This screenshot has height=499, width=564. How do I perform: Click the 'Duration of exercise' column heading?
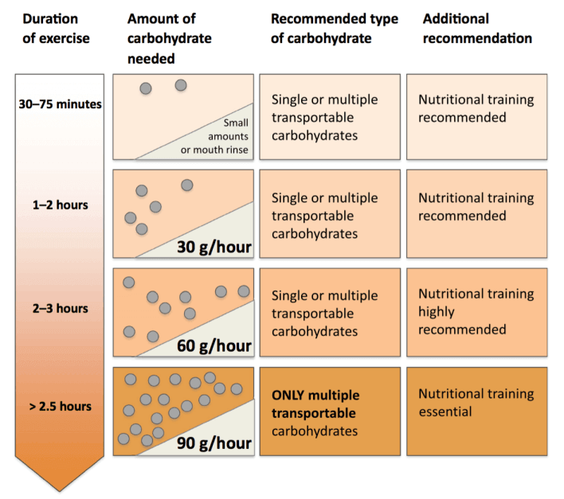click(x=56, y=29)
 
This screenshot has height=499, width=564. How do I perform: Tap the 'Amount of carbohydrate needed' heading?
click(x=170, y=38)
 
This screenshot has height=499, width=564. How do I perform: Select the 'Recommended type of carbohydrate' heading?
click(x=335, y=29)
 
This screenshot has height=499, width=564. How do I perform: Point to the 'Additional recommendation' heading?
click(x=477, y=29)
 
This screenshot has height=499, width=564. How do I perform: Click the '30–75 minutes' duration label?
click(x=60, y=104)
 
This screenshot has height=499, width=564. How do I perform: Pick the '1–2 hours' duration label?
click(x=60, y=205)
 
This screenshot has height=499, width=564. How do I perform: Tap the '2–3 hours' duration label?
click(x=60, y=308)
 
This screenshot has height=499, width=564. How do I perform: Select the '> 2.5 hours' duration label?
click(x=60, y=407)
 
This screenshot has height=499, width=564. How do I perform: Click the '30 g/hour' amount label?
click(x=214, y=248)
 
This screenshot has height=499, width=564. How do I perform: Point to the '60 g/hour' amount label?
click(x=214, y=346)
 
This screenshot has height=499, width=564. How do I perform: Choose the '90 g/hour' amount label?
click(x=214, y=443)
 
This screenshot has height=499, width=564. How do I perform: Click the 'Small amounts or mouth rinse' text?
click(x=215, y=136)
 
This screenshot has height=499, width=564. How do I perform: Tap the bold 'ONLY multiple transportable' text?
click(x=315, y=404)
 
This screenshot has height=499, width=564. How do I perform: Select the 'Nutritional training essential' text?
click(x=476, y=403)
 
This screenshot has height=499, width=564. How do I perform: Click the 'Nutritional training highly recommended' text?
click(x=476, y=311)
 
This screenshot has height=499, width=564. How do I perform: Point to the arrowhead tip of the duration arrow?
click(x=60, y=491)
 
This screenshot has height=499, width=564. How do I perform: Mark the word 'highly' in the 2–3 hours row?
click(x=437, y=312)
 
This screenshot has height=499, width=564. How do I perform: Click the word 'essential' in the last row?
click(x=445, y=411)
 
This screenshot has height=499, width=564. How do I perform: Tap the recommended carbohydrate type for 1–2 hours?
click(x=325, y=216)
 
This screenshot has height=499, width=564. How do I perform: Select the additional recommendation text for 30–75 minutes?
click(x=476, y=108)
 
